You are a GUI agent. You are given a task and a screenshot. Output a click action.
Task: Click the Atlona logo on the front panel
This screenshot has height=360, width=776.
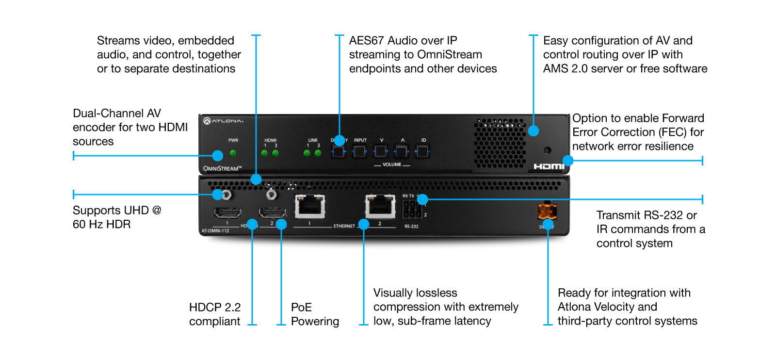(x=224, y=121)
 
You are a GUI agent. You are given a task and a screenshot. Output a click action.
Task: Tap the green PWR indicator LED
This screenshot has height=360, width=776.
(x=233, y=153)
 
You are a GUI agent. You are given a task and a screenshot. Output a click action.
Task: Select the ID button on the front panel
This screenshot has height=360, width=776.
(x=422, y=152)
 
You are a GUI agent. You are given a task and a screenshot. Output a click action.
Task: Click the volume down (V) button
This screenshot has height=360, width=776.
(x=381, y=152)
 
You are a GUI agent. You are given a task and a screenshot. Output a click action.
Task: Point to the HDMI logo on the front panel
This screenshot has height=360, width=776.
(x=549, y=166)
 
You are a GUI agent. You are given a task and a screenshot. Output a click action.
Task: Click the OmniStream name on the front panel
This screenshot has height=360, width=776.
(x=222, y=168)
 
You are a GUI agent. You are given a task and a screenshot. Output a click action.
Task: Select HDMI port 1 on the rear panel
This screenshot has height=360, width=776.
(x=227, y=213)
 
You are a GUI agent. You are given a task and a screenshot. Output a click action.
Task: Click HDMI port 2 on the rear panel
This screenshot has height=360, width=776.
(x=272, y=213)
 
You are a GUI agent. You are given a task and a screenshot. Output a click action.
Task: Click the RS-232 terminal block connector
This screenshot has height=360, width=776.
(x=411, y=210)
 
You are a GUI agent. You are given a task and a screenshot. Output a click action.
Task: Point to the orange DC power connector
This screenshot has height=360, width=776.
(x=547, y=212)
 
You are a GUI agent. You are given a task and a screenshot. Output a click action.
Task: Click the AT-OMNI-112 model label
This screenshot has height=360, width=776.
(x=215, y=230)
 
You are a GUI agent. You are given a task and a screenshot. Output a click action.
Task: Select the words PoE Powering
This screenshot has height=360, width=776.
(x=314, y=314)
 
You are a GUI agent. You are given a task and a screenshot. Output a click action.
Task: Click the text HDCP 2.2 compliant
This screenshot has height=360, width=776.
(x=215, y=314)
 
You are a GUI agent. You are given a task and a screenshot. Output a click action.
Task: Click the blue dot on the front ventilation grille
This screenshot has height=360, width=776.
(x=533, y=131)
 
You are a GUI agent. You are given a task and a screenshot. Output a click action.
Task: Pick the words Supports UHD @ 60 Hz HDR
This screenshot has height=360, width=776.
(x=116, y=217)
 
